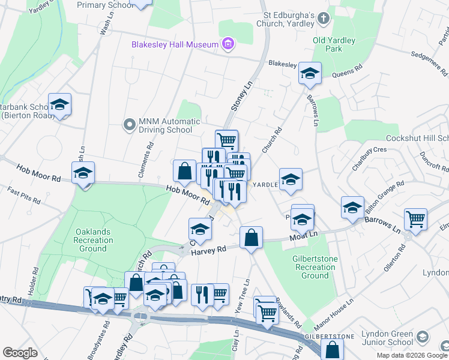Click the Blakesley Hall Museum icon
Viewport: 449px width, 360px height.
[228, 44]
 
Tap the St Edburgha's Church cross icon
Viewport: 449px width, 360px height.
[324, 18]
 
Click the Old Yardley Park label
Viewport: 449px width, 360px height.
[334, 44]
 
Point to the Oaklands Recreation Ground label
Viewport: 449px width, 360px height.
[94, 240]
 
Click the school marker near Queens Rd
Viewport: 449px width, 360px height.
[310, 74]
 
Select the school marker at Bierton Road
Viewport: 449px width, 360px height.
[60, 105]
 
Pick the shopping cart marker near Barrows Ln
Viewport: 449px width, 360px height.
[415, 220]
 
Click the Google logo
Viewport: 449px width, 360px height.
[20, 353]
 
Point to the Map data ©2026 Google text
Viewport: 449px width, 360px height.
[412, 355]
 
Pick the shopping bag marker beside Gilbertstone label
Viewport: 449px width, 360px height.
[331, 350]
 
